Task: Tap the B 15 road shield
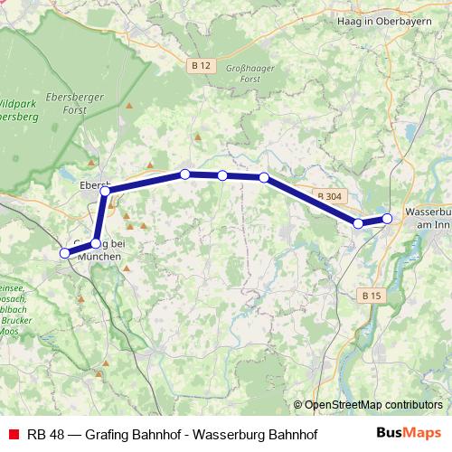coord(371,296)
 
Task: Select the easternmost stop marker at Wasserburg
coord(387,218)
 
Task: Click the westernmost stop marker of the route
coord(64,254)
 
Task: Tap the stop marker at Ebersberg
coord(105,191)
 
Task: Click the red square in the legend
coord(12,434)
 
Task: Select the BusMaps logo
coord(408,433)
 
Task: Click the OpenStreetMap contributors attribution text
coord(372,405)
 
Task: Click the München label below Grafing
coord(99,257)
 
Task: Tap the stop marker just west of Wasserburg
coord(359,223)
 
